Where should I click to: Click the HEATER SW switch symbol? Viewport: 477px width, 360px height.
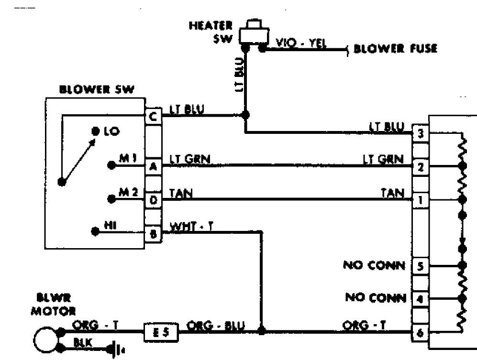pyautogui.click(x=254, y=34)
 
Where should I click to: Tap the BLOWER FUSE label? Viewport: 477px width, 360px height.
pyautogui.click(x=396, y=49)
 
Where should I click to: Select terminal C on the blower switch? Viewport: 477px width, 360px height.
pyautogui.click(x=153, y=116)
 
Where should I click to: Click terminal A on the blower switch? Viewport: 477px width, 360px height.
pyautogui.click(x=153, y=166)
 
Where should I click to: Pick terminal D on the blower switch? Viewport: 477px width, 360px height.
pyautogui.click(x=153, y=200)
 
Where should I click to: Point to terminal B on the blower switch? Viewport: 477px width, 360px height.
pyautogui.click(x=153, y=234)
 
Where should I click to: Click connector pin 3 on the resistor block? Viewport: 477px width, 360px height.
pyautogui.click(x=421, y=133)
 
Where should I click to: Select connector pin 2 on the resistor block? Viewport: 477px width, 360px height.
pyautogui.click(x=421, y=167)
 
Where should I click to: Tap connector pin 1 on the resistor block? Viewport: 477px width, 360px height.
pyautogui.click(x=421, y=200)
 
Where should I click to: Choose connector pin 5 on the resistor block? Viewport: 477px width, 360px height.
pyautogui.click(x=420, y=266)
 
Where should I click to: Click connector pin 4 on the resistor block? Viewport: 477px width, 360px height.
pyautogui.click(x=420, y=299)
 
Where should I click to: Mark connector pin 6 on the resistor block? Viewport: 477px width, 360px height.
pyautogui.click(x=420, y=333)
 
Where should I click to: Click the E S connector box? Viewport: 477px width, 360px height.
pyautogui.click(x=161, y=332)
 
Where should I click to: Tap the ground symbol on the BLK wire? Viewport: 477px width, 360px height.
pyautogui.click(x=116, y=349)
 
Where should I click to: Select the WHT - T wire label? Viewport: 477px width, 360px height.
pyautogui.click(x=191, y=227)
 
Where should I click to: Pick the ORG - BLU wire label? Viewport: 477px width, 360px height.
pyautogui.click(x=216, y=326)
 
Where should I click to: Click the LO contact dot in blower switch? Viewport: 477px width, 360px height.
pyautogui.click(x=96, y=131)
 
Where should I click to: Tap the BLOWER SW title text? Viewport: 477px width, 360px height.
pyautogui.click(x=97, y=89)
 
